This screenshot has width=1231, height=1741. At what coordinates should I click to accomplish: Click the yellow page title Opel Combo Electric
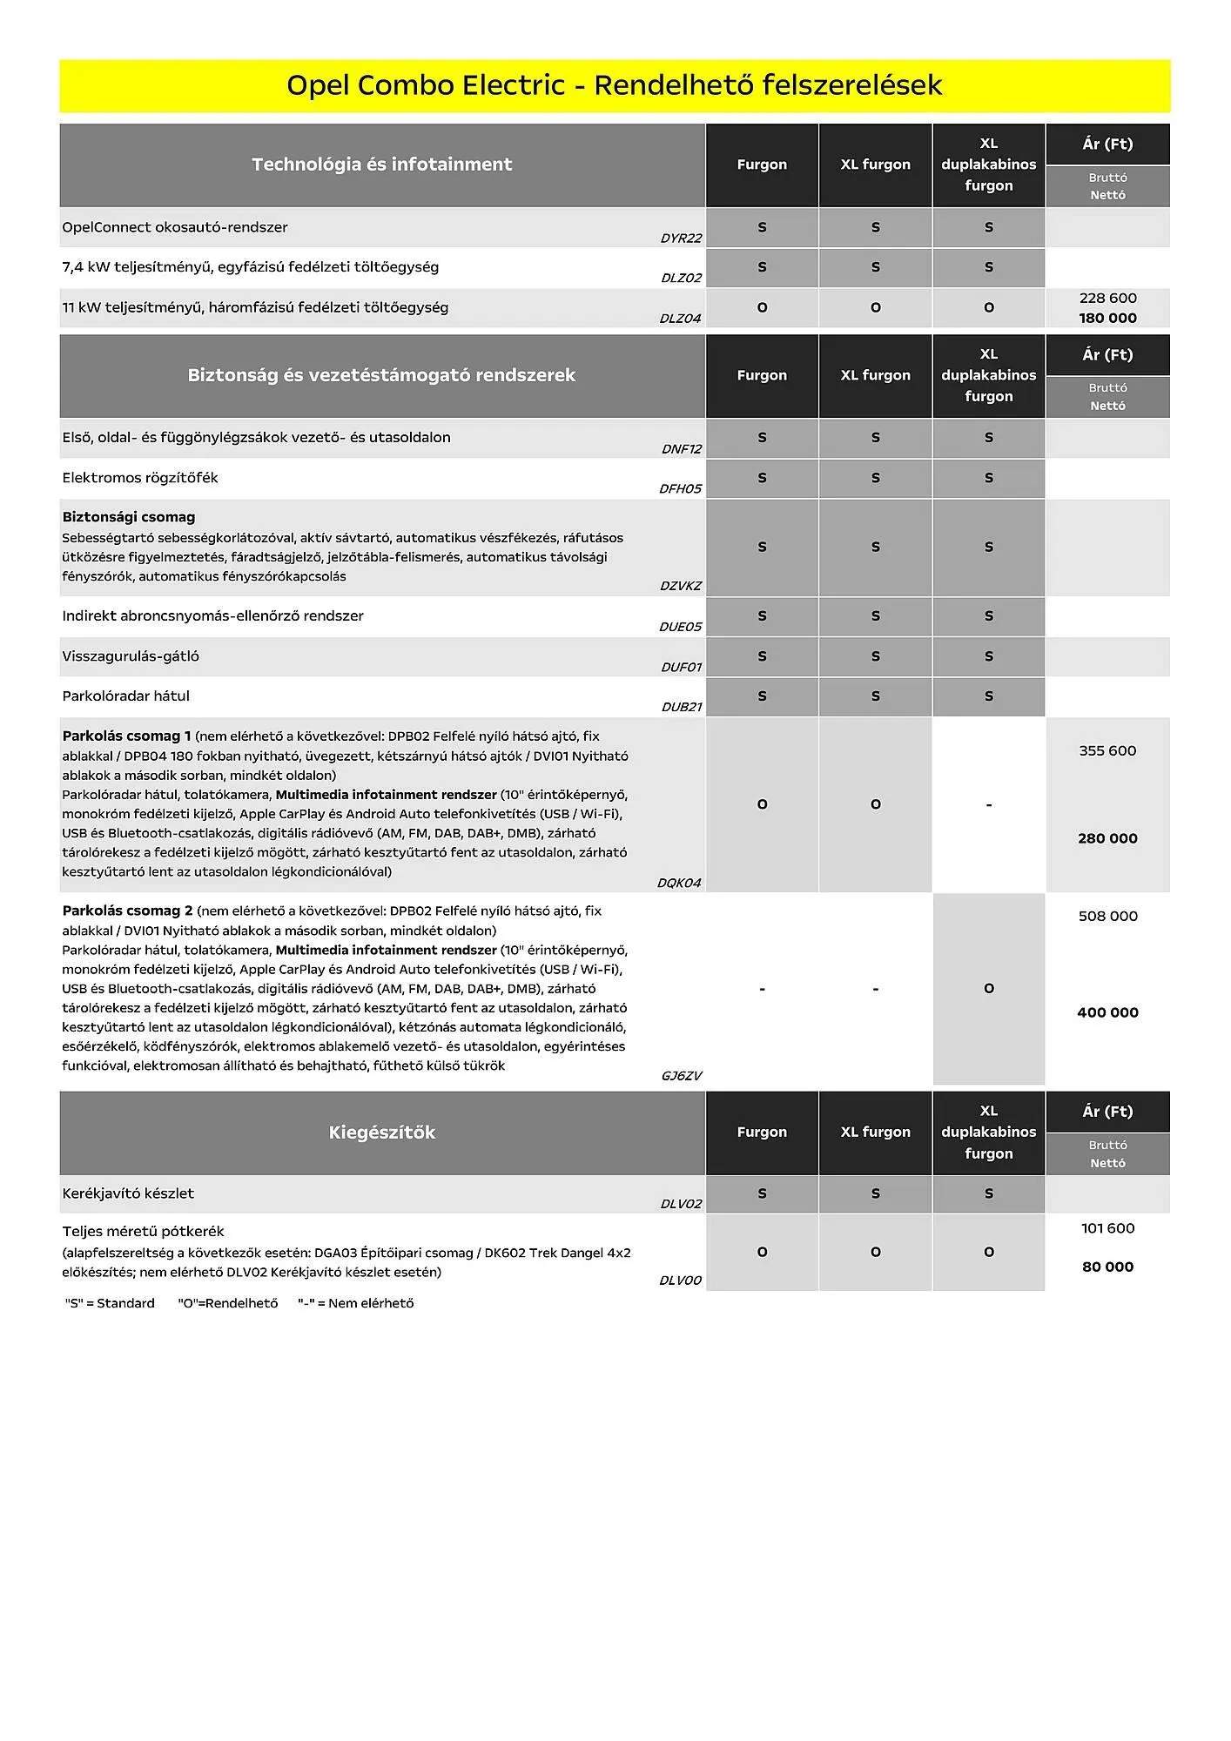pyautogui.click(x=614, y=85)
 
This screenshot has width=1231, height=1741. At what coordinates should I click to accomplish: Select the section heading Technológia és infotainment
pyautogui.click(x=381, y=165)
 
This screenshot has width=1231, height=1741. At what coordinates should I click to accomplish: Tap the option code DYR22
pyautogui.click(x=681, y=239)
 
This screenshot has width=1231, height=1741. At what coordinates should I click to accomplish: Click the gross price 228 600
pyautogui.click(x=1107, y=298)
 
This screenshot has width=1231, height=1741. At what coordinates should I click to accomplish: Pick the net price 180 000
pyautogui.click(x=1107, y=318)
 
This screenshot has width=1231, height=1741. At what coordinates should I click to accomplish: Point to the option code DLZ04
pyautogui.click(x=680, y=319)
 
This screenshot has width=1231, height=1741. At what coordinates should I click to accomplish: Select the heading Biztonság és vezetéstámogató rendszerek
pyautogui.click(x=381, y=375)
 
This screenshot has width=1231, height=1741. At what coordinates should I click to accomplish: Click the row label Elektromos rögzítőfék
pyautogui.click(x=140, y=478)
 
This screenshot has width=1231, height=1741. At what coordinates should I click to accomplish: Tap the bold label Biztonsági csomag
pyautogui.click(x=129, y=517)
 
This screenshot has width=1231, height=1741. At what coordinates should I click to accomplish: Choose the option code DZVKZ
pyautogui.click(x=680, y=586)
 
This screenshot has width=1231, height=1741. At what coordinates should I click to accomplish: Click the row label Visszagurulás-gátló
pyautogui.click(x=131, y=656)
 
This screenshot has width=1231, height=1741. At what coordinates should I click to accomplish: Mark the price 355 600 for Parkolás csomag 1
pyautogui.click(x=1107, y=750)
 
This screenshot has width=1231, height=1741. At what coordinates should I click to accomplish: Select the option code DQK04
pyautogui.click(x=679, y=883)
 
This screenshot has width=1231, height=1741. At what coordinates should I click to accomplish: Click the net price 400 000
pyautogui.click(x=1107, y=1012)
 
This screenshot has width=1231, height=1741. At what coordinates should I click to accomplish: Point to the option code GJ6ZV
pyautogui.click(x=681, y=1076)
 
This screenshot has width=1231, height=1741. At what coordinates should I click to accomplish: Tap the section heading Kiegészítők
pyautogui.click(x=381, y=1133)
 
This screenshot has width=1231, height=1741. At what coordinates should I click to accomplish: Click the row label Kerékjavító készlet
pyautogui.click(x=128, y=1193)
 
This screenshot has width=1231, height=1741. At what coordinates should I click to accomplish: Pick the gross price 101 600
pyautogui.click(x=1107, y=1228)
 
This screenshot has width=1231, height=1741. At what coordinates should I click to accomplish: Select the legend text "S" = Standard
pyautogui.click(x=110, y=1303)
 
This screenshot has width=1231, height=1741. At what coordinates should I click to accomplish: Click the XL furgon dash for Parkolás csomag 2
pyautogui.click(x=875, y=989)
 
